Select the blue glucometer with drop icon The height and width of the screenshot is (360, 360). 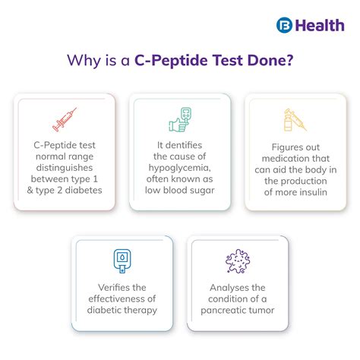pyautogui.click(x=122, y=261)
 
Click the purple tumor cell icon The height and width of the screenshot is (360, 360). pyautogui.click(x=238, y=261)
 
